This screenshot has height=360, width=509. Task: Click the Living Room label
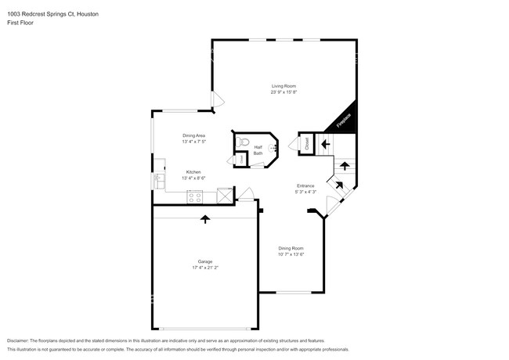pyautogui.click(x=283, y=86)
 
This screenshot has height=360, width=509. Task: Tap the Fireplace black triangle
pyautogui.click(x=345, y=120)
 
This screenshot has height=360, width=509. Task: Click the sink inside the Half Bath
pyautogui.click(x=273, y=146)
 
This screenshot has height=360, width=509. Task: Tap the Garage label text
pyautogui.click(x=204, y=261)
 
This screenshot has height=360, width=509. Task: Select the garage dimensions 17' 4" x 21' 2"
pyautogui.click(x=204, y=268)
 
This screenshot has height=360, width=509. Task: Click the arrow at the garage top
pyautogui.click(x=205, y=219)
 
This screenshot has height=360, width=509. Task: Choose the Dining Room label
pyautogui.click(x=291, y=248)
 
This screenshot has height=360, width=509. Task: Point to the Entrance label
pyautogui.click(x=305, y=185)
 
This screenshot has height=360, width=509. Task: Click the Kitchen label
pyautogui.click(x=193, y=171)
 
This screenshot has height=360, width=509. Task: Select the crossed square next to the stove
pyautogui.click(x=224, y=195)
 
